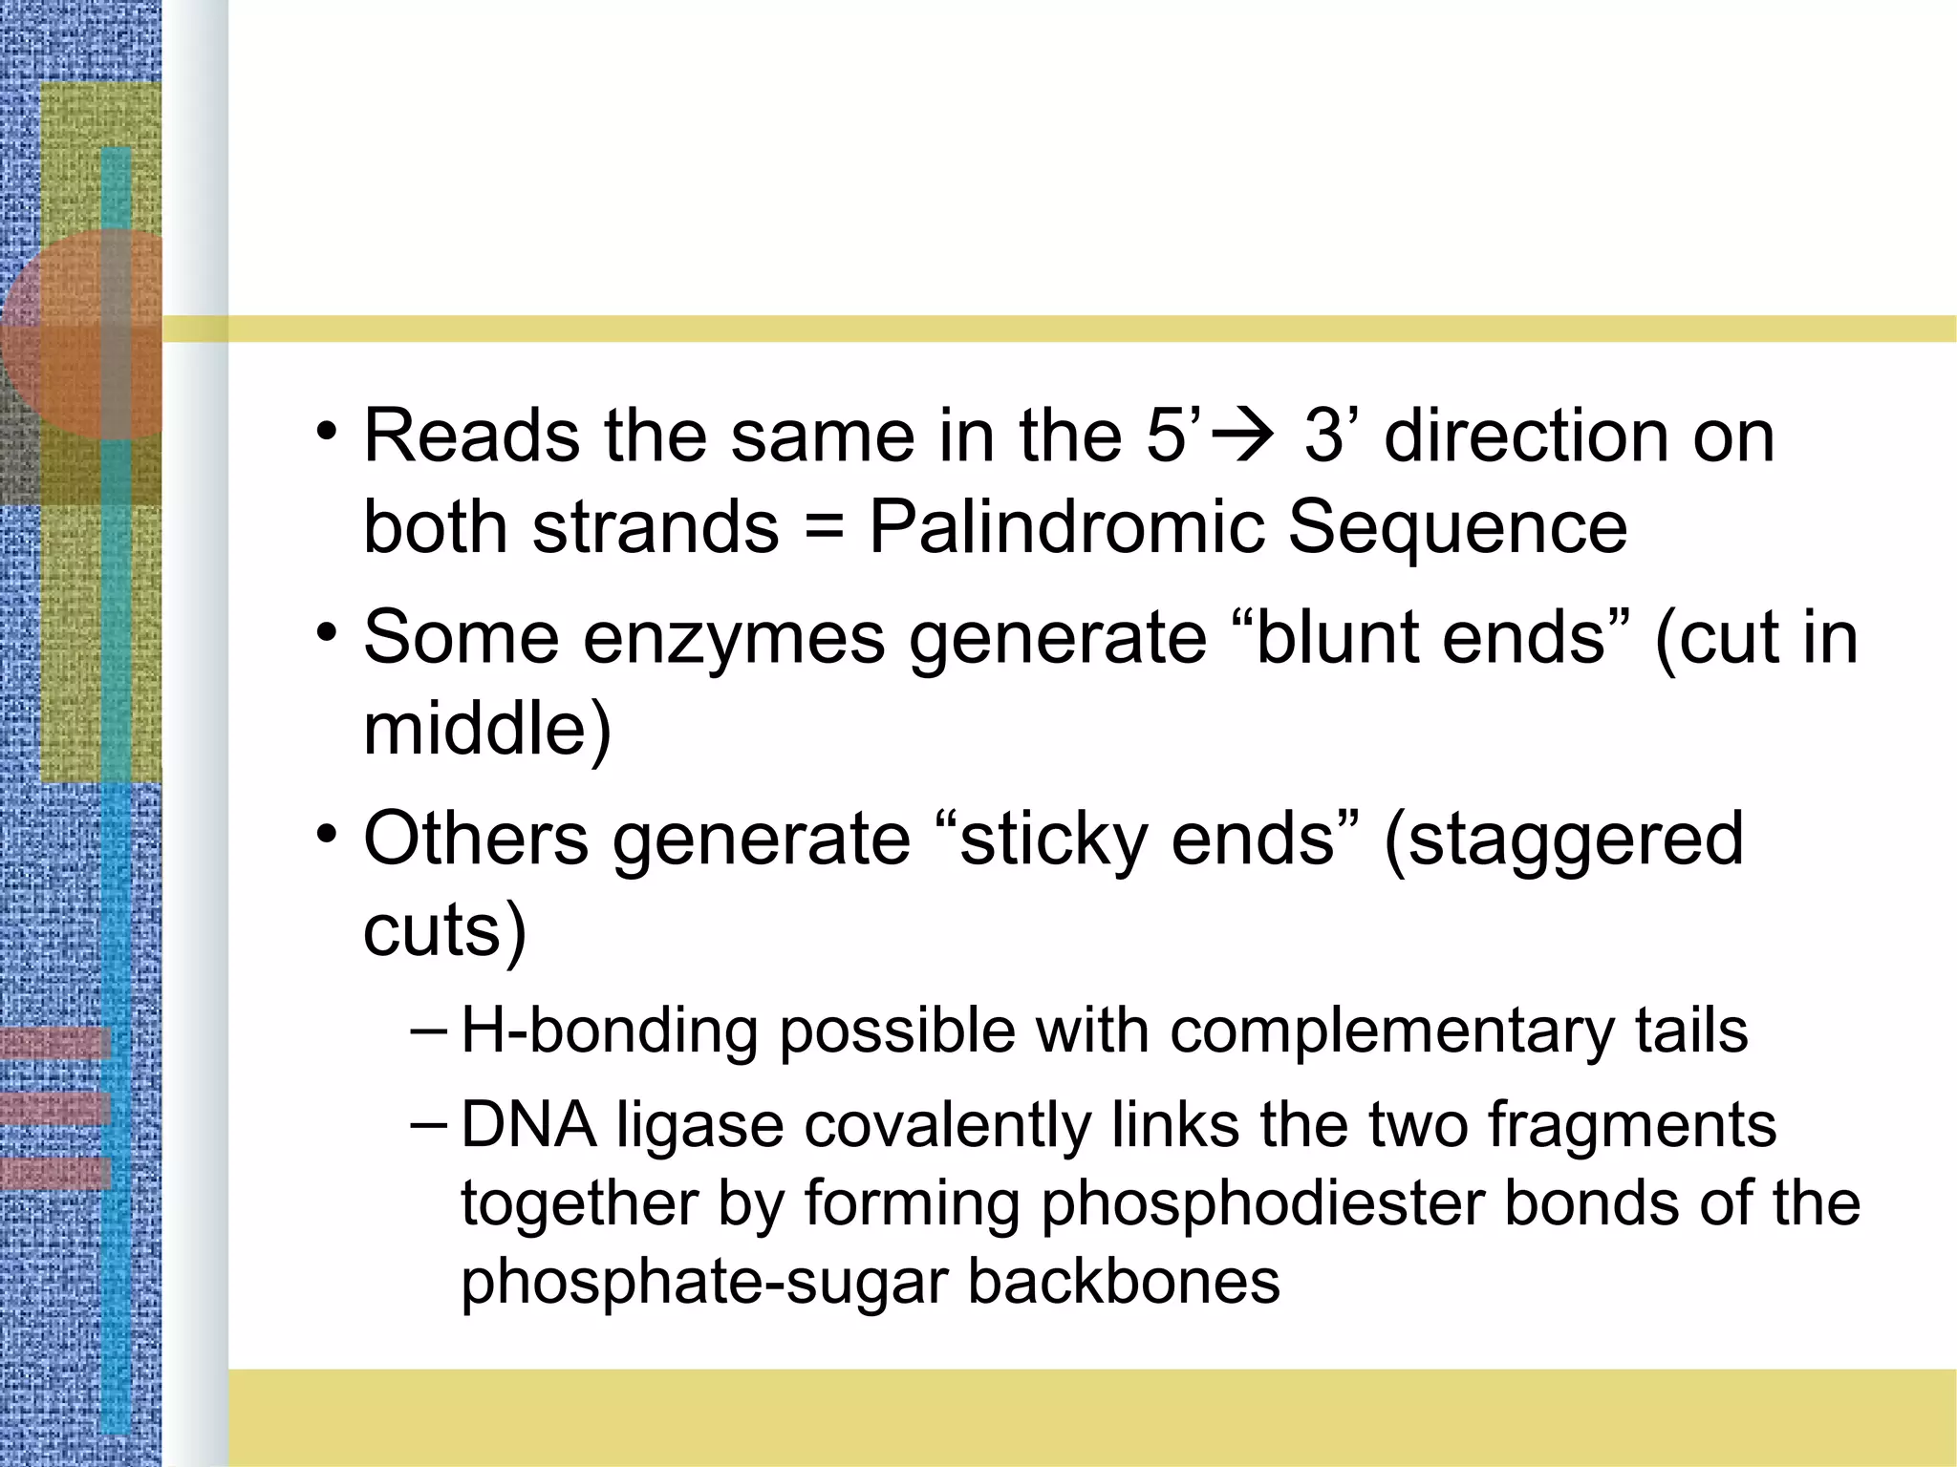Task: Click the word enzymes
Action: (734, 639)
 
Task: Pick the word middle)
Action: (487, 729)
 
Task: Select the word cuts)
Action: (445, 929)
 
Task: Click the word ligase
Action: (699, 1127)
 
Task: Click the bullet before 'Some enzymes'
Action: (328, 633)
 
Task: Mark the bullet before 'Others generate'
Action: (328, 834)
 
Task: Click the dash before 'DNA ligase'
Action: (427, 1123)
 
